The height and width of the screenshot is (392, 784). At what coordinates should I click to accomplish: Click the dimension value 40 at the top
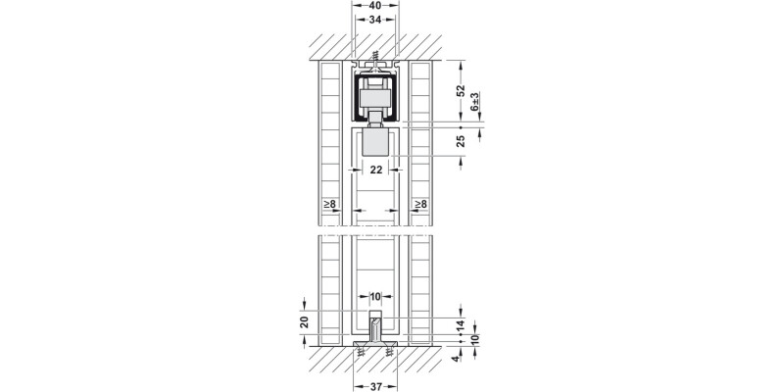375,6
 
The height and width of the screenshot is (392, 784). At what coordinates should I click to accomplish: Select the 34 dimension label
375,20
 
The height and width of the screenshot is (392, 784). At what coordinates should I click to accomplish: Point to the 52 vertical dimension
461,90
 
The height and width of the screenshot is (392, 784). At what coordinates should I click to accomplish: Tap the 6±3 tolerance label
474,102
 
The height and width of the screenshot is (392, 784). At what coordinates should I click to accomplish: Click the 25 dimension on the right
461,141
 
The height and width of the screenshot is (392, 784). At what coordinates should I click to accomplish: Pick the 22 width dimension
376,170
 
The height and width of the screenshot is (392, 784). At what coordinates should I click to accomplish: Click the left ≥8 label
329,204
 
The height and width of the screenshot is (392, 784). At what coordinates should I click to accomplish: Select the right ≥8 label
420,204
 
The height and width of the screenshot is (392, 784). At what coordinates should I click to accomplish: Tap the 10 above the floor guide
375,297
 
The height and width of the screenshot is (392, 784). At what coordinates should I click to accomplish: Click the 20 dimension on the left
305,322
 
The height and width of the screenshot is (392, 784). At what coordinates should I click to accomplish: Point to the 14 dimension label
461,326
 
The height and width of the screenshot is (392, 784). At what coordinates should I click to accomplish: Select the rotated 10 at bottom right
474,339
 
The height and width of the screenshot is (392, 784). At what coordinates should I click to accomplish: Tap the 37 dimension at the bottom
376,386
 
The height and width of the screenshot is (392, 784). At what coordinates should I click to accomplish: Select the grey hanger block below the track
375,141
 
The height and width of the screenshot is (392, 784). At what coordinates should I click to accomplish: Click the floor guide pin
375,328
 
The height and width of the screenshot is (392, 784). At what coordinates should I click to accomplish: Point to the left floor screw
361,353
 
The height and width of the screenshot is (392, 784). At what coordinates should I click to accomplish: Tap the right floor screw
389,353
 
